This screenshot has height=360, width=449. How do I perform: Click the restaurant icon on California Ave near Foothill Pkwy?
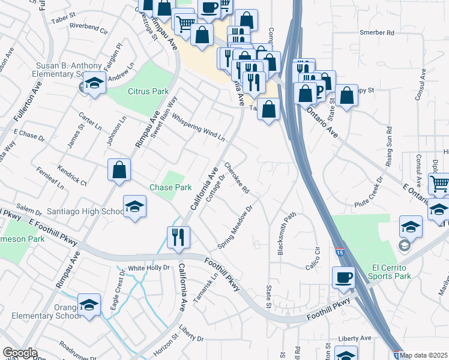pos(178,236)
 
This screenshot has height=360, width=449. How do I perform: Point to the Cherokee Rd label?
pos(237,178)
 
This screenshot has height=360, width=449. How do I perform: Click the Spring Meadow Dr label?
pos(237,228)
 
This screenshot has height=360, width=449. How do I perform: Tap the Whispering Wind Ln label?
pos(198,127)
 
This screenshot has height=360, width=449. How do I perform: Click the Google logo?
pos(20,353)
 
